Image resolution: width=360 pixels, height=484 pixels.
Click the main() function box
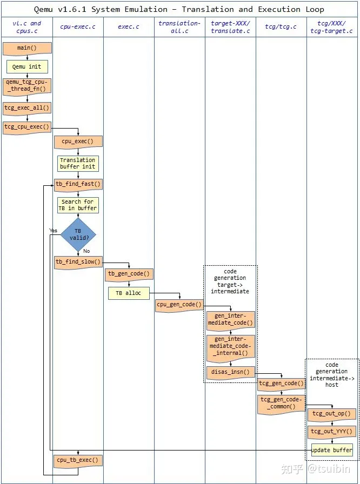click(x=27, y=48)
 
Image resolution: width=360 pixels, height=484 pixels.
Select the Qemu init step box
click(x=27, y=66)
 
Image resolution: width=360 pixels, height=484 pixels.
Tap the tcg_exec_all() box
click(x=27, y=107)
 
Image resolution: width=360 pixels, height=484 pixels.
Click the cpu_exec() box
click(x=78, y=142)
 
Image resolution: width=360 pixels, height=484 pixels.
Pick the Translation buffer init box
click(x=78, y=163)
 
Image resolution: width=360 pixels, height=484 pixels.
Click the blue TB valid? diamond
click(x=78, y=234)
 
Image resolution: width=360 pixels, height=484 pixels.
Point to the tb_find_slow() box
click(x=78, y=262)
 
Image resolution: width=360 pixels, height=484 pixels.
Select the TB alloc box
click(x=129, y=293)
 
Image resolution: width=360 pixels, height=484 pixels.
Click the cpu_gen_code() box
click(x=179, y=305)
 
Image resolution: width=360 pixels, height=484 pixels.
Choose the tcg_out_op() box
click(x=332, y=414)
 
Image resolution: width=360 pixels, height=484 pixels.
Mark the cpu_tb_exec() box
click(x=78, y=460)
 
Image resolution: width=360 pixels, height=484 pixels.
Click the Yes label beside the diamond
click(x=54, y=231)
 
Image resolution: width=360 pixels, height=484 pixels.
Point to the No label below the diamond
click(x=86, y=251)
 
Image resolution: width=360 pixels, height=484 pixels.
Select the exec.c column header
click(x=129, y=27)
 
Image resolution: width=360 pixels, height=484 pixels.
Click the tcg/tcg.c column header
click(x=281, y=27)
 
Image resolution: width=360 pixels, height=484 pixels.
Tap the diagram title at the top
click(x=179, y=9)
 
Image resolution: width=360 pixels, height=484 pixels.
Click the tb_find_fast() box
click(x=78, y=184)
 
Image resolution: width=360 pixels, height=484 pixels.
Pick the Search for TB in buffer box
click(x=78, y=205)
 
